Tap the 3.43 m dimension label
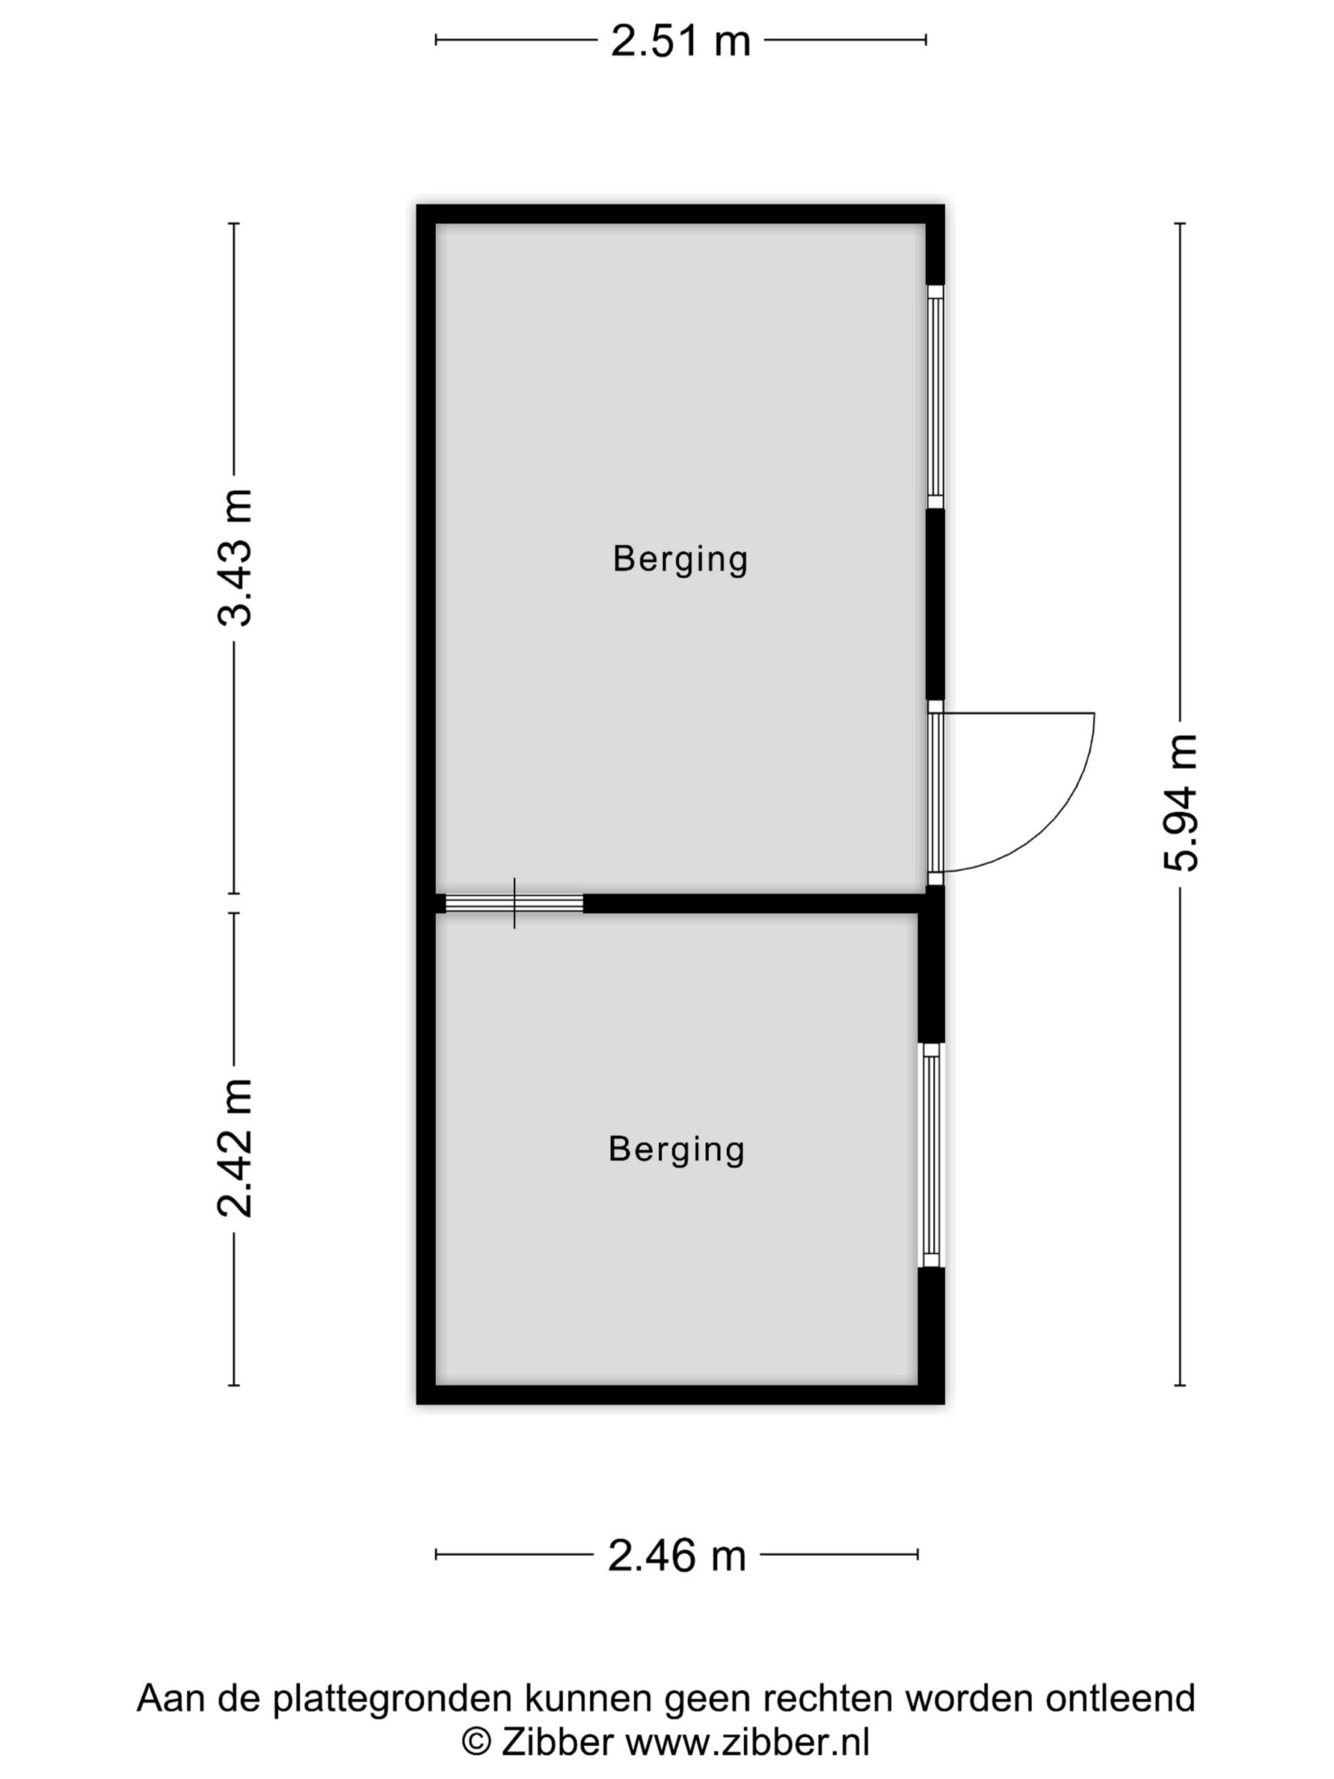pos(235,558)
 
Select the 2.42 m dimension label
pos(235,1147)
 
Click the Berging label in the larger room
pos(680,560)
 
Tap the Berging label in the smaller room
pos(676,1150)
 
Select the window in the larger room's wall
pos(935,396)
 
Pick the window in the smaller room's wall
pos(932,1155)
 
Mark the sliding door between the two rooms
pos(514,903)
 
